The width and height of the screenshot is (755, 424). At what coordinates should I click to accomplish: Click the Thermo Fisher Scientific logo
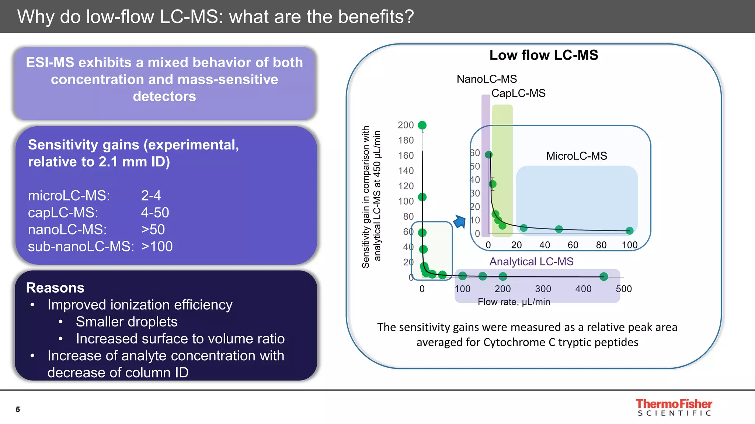(674, 407)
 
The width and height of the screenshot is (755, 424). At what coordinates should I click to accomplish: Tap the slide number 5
(18, 409)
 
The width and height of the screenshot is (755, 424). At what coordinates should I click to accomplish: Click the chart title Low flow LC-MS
(543, 55)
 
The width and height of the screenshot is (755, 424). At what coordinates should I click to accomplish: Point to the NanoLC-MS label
(487, 79)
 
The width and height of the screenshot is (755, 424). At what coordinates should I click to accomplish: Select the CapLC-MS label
(518, 93)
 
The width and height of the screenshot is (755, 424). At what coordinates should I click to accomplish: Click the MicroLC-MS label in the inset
(576, 156)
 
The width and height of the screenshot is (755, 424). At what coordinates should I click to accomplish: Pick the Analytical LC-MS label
(531, 262)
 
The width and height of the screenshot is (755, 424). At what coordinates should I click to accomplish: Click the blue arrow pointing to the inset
(460, 222)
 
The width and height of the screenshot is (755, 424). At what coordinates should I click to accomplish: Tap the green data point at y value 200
(422, 125)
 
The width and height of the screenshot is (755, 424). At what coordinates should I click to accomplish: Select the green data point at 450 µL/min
(603, 276)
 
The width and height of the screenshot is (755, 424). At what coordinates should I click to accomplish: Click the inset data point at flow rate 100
(629, 231)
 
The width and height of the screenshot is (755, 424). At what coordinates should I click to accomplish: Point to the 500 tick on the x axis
(623, 289)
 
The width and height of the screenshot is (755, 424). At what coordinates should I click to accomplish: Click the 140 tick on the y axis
(406, 171)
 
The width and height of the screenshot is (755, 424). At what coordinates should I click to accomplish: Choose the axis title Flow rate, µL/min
(514, 302)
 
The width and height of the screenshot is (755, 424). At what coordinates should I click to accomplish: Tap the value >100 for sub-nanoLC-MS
(157, 247)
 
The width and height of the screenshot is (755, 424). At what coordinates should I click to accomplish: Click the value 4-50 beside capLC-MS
(155, 213)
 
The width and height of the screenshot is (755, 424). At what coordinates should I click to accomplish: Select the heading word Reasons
(55, 288)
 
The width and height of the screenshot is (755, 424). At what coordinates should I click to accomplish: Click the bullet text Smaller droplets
(126, 322)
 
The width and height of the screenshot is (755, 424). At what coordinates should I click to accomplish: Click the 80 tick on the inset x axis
(601, 245)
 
